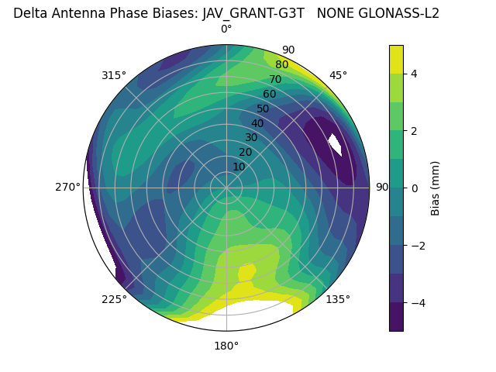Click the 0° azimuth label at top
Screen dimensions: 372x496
226,29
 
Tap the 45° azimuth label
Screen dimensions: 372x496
338,75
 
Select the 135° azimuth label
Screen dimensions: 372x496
338,299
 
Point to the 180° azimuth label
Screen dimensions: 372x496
226,346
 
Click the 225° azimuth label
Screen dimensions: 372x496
114,299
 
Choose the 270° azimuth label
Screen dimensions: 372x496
68,188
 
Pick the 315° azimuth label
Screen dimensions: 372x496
114,75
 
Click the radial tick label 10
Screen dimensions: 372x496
239,167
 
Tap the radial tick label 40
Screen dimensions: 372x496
257,123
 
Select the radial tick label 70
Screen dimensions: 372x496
275,79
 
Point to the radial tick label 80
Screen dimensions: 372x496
281,64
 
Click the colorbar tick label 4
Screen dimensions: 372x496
415,74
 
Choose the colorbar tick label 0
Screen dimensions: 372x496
415,188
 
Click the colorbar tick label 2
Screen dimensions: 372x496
415,131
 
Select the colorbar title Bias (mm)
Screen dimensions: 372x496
436,188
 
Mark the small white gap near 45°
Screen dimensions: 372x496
336,145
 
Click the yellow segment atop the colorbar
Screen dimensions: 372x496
396,59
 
